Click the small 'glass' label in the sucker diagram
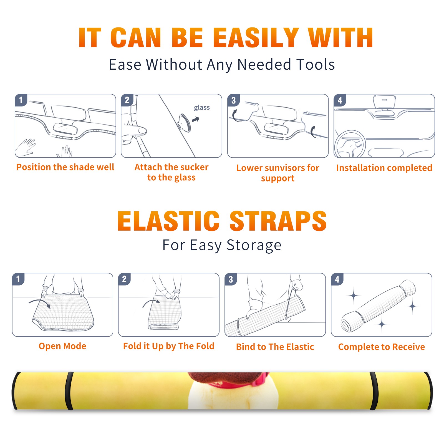[202, 108]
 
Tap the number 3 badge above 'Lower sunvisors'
[233, 100]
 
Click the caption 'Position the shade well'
[65, 167]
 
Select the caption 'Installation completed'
[384, 168]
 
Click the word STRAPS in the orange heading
[278, 221]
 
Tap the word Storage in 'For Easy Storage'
[254, 245]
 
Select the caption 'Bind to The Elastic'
[275, 347]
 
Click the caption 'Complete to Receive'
[382, 347]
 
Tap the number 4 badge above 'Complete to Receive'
[337, 279]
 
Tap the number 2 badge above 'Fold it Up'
[124, 279]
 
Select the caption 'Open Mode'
[62, 346]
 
